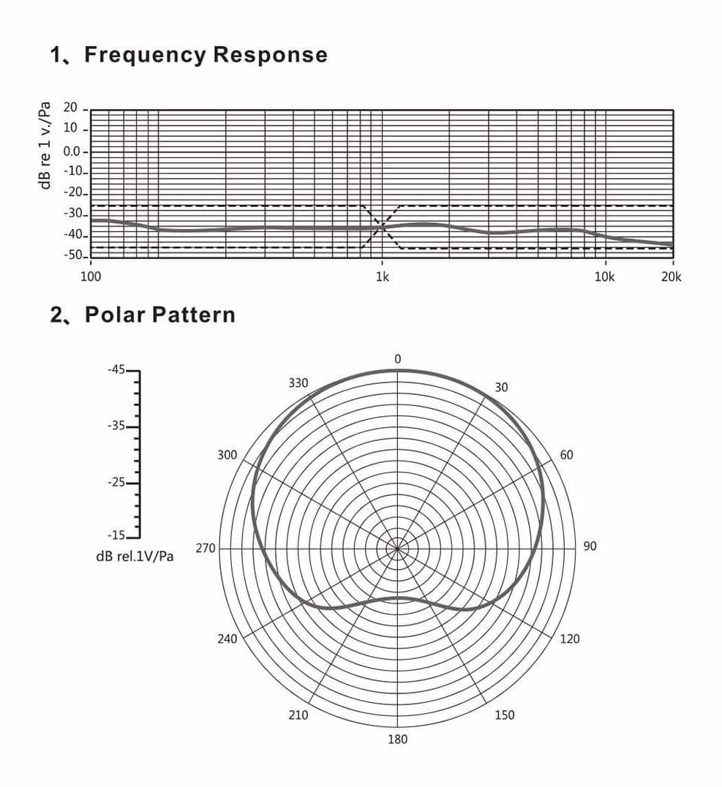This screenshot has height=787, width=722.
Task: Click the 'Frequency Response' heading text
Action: (206, 55)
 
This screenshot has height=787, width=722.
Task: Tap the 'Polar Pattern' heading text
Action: (160, 315)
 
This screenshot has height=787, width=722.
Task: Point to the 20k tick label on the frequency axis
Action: (671, 277)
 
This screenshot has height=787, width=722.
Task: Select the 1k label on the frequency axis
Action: (383, 277)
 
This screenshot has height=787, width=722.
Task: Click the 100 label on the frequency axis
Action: (91, 277)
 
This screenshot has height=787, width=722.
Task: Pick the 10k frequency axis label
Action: (604, 277)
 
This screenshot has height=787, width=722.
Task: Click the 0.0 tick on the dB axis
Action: (71, 151)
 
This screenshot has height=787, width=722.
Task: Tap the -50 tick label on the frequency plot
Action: (73, 255)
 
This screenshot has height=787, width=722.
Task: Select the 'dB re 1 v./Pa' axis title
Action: (45, 146)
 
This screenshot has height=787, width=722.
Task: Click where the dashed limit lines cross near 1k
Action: (382, 227)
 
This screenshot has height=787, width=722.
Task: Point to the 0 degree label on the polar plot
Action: (398, 359)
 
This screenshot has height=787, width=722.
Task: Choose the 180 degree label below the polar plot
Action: (398, 739)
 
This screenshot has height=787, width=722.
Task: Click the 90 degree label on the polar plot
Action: (590, 546)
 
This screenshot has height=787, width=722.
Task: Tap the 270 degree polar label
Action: (206, 548)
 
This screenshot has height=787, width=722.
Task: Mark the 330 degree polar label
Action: (298, 383)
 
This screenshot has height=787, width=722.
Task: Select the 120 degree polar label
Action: (570, 639)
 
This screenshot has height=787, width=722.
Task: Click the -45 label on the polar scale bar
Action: (116, 370)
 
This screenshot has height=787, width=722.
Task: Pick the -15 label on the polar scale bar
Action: (116, 535)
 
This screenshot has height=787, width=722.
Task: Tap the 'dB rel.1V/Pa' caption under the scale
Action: (135, 557)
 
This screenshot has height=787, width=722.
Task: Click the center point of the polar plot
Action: (398, 549)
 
